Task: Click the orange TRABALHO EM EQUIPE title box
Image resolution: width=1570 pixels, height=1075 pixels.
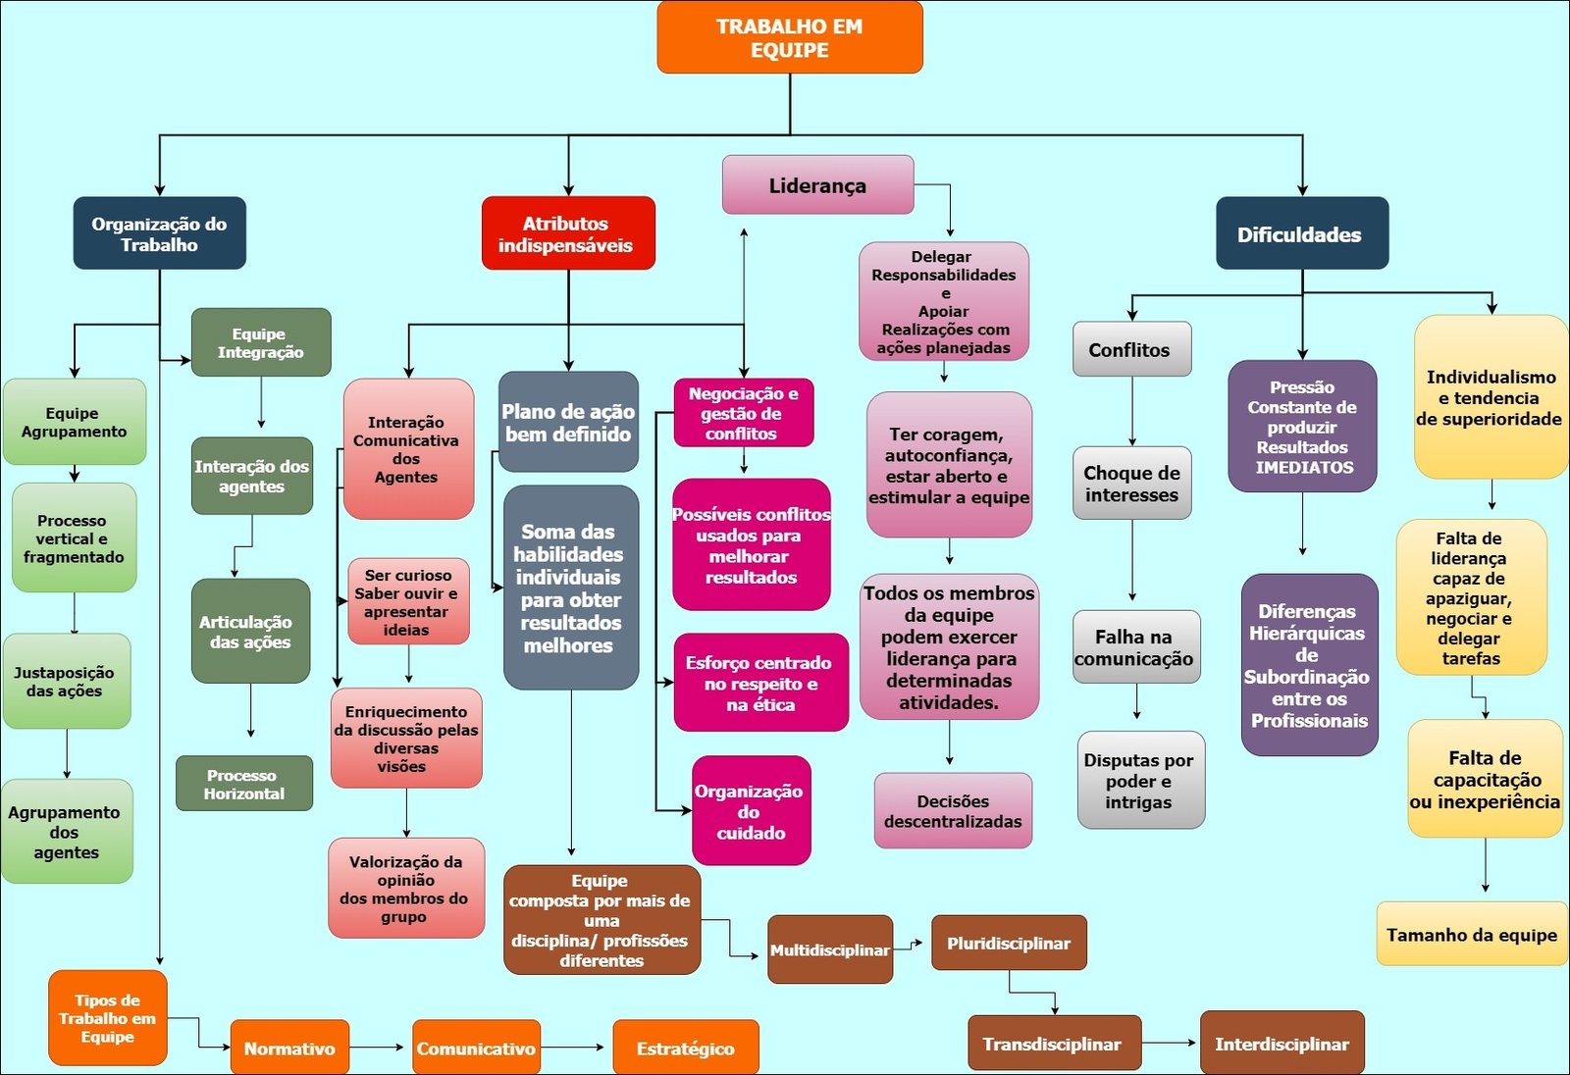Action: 789,38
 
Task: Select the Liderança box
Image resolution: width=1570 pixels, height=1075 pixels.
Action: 817,185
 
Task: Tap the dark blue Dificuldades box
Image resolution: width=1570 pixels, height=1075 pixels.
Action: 1301,234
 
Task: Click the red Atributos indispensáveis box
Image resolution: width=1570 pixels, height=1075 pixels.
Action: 567,234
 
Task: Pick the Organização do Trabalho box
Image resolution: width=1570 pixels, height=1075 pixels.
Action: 159,234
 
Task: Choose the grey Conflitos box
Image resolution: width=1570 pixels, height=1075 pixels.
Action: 1131,350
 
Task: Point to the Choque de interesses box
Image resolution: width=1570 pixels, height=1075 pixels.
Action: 1131,484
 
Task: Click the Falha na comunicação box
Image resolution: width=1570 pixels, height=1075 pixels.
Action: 1135,647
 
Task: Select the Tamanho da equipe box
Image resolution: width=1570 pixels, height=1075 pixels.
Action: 1471,935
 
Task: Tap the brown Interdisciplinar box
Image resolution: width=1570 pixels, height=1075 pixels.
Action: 1282,1044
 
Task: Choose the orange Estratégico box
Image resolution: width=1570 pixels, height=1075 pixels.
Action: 685,1049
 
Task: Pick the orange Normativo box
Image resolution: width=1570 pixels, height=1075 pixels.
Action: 289,1049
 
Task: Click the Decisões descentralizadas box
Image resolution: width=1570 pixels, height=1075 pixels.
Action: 953,811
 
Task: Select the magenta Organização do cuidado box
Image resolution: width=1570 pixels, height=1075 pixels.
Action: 751,811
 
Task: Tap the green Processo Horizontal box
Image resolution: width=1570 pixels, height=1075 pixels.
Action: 244,784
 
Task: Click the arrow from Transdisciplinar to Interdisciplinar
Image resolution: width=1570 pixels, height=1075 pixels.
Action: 1170,1043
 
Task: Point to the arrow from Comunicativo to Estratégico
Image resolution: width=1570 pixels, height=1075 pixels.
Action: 574,1048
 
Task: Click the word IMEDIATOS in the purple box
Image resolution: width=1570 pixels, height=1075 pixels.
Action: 1303,468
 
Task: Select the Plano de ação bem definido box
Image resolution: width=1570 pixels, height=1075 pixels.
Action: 568,423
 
